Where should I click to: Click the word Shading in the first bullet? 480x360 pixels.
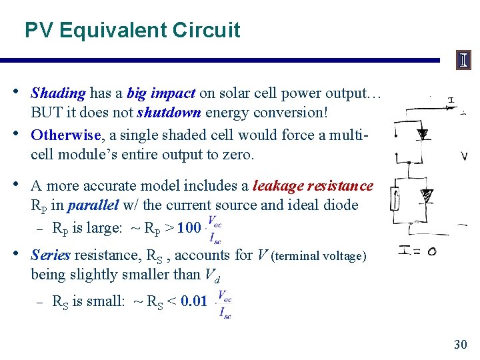click(x=58, y=93)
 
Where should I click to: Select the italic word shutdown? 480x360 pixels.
click(x=165, y=113)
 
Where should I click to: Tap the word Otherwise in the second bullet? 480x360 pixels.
click(x=65, y=135)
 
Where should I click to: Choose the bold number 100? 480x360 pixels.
click(x=189, y=229)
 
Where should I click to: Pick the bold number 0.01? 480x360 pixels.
click(x=194, y=301)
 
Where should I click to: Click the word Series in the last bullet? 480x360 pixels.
click(x=51, y=255)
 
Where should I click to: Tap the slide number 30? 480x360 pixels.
click(x=460, y=344)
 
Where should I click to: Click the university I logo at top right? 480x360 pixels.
click(x=463, y=61)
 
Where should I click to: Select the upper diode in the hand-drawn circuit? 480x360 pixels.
click(x=422, y=134)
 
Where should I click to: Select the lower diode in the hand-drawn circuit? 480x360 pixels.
click(x=426, y=195)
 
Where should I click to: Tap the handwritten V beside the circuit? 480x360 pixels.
click(x=464, y=157)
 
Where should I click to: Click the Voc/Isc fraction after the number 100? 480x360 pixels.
click(x=215, y=229)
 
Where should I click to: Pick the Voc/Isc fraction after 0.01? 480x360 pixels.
click(x=224, y=304)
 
